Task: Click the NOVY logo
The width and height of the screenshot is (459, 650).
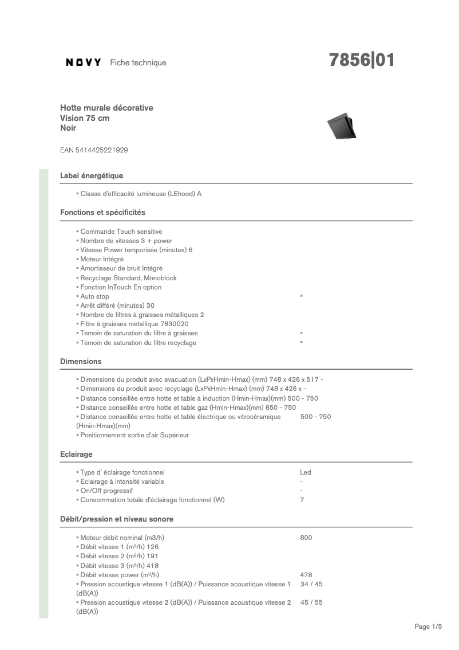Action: point(84,62)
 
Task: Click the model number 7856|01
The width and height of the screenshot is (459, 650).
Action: point(361,60)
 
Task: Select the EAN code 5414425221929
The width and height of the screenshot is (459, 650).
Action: point(94,150)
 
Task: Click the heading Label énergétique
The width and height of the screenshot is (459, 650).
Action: point(92,175)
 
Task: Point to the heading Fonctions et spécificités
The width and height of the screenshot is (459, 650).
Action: point(102,212)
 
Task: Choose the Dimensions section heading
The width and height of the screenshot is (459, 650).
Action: point(81,361)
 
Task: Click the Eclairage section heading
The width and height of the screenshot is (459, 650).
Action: point(76,454)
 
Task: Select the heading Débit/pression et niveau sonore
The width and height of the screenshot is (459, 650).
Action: point(117,519)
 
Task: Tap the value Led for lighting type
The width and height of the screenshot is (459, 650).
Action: point(306,472)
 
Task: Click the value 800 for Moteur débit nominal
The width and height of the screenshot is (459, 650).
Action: point(306,538)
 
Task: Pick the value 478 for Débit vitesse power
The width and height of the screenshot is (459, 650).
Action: point(306,575)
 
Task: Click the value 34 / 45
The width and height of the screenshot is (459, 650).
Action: point(311,584)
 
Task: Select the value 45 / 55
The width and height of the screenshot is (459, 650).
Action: point(311,602)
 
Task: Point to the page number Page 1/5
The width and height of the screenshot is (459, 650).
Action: point(428,626)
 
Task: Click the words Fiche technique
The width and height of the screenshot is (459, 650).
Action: point(138,62)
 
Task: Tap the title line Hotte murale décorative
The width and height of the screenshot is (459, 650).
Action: point(106,108)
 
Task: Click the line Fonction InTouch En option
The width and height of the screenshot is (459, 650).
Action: point(120,287)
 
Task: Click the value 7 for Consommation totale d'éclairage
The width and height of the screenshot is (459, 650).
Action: point(302,500)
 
